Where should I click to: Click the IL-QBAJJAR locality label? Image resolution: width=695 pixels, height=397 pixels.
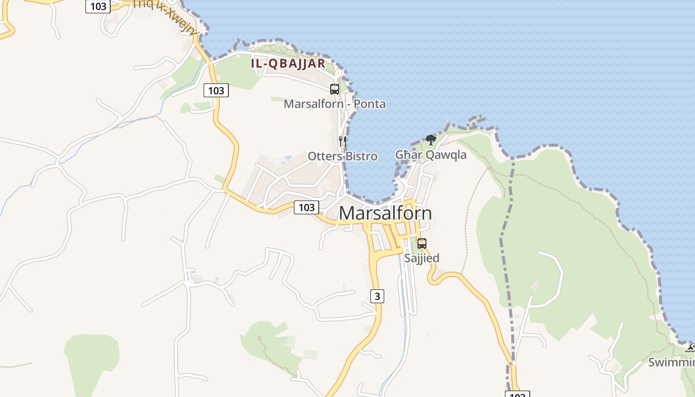click(x=288, y=64)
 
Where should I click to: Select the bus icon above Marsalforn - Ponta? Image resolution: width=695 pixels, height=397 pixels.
click(x=335, y=89)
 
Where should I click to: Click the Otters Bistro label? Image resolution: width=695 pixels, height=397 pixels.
click(x=343, y=156)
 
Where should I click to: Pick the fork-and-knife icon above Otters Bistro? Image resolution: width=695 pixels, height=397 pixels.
click(x=342, y=141)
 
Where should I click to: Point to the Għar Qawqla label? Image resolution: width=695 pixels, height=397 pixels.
click(x=430, y=155)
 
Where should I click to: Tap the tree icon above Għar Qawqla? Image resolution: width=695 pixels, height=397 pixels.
click(x=431, y=140)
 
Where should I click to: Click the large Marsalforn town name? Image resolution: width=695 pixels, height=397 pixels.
click(x=385, y=213)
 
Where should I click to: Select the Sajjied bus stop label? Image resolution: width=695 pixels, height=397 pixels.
click(x=421, y=258)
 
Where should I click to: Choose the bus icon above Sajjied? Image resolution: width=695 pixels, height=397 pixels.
click(x=422, y=244)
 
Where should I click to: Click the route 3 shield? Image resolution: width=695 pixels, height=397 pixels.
click(x=377, y=296)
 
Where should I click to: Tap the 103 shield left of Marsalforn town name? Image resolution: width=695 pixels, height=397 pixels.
click(x=306, y=207)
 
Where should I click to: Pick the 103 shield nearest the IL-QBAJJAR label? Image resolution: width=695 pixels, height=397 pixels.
click(x=216, y=90)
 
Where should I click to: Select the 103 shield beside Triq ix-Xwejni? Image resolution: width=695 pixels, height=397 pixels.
click(x=98, y=6)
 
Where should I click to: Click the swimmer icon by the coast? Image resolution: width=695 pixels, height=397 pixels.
click(x=690, y=348)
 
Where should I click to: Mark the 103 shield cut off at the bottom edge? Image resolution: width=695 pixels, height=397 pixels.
click(x=517, y=394)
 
